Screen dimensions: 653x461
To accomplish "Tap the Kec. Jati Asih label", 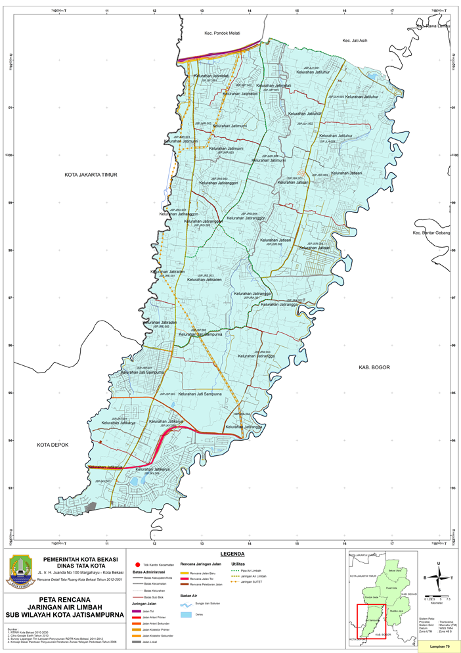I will [x=356, y=41].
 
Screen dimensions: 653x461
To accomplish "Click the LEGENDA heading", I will [x=233, y=554].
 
